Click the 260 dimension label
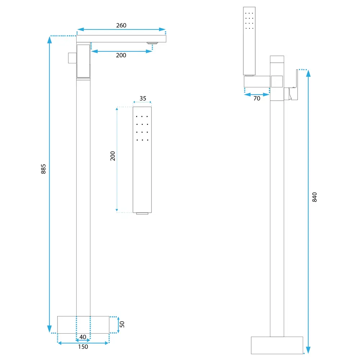pos(121,25)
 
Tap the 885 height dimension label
pos(44,169)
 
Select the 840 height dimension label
pos(315,197)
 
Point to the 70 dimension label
pos(257,99)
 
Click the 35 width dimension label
pos(143,99)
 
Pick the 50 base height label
pos(122,324)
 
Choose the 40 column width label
pos(83,337)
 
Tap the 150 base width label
pos(83,347)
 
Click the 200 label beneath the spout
pos(121,55)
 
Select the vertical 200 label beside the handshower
pos(113,156)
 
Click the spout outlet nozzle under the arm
pos(152,43)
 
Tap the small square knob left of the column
pos(72,58)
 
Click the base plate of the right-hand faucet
pos(277,345)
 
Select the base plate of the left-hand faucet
pos(83,325)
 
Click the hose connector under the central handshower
pos(142,213)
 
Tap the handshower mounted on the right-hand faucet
pos(249,41)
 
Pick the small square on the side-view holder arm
pos(277,81)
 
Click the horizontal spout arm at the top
pos(121,39)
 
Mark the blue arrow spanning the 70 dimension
pos(257,95)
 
